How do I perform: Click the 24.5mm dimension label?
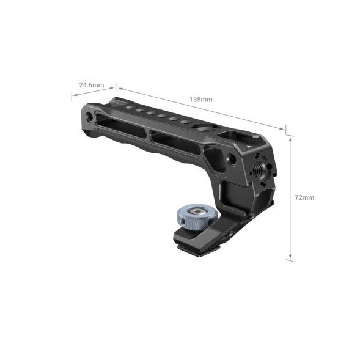92,84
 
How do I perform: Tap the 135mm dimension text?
200,98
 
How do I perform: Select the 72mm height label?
303,197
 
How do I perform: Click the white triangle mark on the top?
252,147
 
